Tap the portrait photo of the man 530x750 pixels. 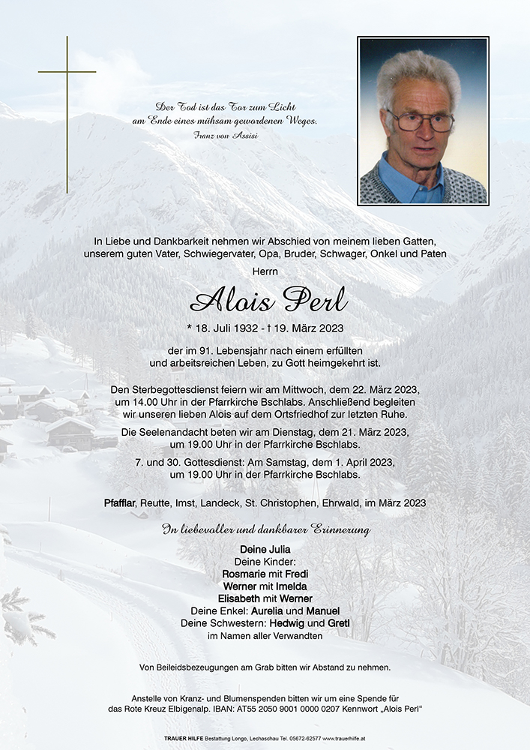click(x=423, y=121)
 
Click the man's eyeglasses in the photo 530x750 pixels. click(x=420, y=121)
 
